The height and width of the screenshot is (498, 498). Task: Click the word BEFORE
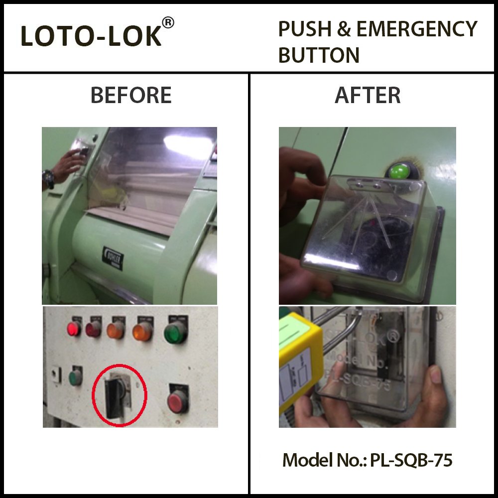(131, 95)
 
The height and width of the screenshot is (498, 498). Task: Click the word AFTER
(368, 95)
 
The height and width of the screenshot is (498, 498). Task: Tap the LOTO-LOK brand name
(91, 37)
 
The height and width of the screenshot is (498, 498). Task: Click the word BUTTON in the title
(319, 55)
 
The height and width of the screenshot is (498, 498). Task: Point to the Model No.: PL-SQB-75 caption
(368, 460)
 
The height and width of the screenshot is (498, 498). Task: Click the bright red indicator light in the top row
(74, 328)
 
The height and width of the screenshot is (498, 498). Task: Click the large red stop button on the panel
(176, 401)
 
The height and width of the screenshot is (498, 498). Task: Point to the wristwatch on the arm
(48, 178)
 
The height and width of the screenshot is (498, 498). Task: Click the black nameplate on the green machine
(114, 258)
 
